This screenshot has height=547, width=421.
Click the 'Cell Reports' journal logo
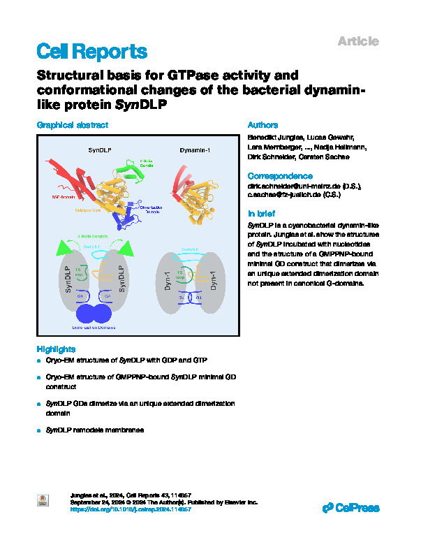click(91, 51)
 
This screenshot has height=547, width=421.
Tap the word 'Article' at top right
click(358, 42)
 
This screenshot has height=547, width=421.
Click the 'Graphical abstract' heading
click(73, 125)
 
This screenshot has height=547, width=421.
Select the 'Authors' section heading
click(263, 125)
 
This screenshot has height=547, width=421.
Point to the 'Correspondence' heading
click(280, 176)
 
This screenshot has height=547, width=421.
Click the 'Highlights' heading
click(56, 349)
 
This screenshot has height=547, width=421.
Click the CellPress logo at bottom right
click(350, 508)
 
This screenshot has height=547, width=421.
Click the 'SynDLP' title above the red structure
click(101, 149)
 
